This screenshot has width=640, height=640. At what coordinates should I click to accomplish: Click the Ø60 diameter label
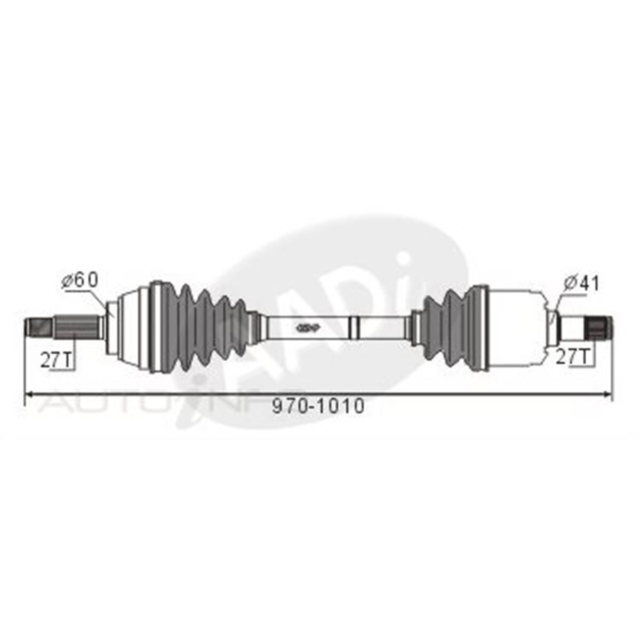80,281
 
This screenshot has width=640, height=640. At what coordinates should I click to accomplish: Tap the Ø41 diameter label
581,283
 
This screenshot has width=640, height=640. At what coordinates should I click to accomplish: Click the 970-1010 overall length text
318,406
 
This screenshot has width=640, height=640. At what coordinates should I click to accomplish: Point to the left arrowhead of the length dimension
30,394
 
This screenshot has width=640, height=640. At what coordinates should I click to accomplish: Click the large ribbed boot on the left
203,326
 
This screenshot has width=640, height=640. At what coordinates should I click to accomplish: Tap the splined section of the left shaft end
75,326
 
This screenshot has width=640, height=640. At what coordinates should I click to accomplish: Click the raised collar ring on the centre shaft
353,326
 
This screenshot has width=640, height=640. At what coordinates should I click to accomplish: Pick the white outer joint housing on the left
131,326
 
